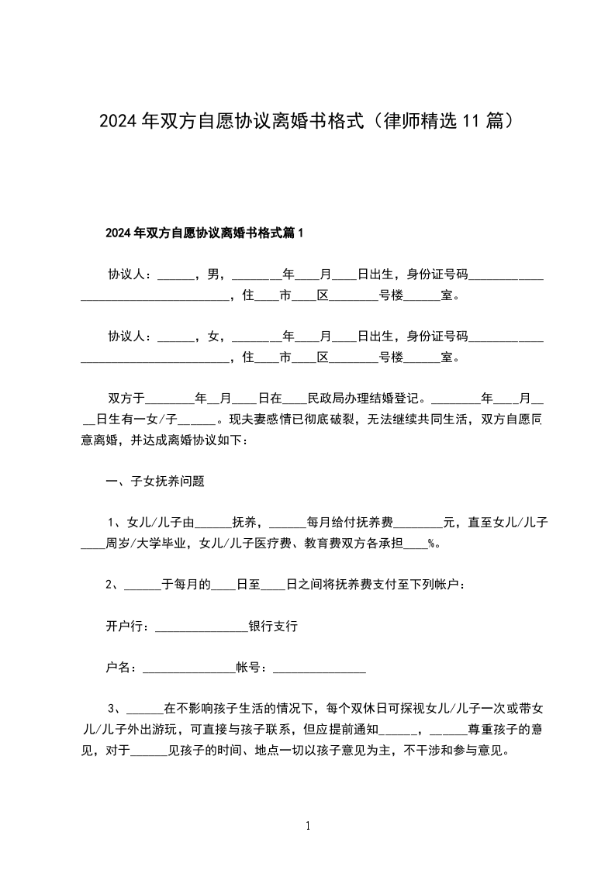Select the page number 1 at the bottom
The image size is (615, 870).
(308, 826)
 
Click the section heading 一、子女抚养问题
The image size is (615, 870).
(155, 481)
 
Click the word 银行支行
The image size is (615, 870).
(273, 627)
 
